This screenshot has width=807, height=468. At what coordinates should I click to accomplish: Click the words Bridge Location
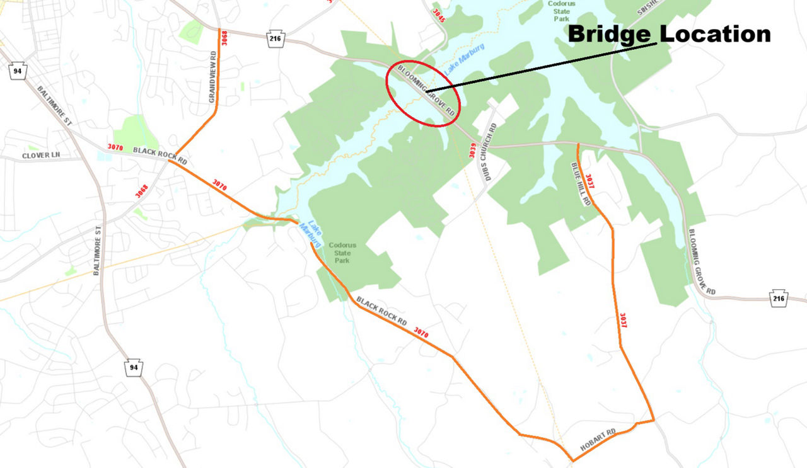[x=669, y=34]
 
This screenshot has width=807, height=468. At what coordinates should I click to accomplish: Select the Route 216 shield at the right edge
[x=779, y=299]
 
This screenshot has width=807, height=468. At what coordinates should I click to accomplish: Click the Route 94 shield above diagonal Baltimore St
[x=17, y=71]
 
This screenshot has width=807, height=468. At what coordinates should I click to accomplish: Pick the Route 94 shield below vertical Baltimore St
[x=133, y=368]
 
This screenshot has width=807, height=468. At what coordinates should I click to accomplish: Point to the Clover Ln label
[x=40, y=156]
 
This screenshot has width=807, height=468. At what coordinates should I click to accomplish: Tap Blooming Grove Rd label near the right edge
[x=702, y=261]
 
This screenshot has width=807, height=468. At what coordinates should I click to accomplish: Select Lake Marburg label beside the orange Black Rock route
[x=311, y=233]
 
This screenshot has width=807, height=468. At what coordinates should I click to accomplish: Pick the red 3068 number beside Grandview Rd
[x=224, y=38]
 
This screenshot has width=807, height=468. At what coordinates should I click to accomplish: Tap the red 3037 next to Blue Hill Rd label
[x=589, y=181]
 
